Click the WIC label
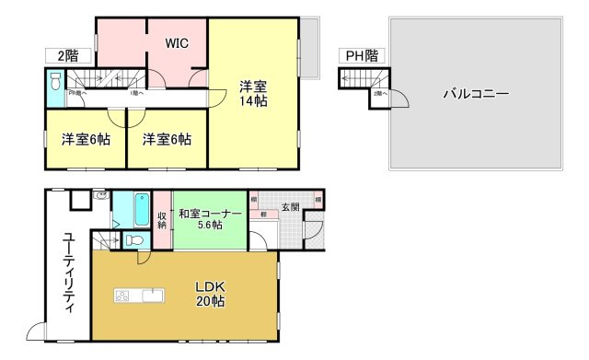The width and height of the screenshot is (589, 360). pos(179,42)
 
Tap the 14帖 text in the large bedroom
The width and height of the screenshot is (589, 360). pos(253,101)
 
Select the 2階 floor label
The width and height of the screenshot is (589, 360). pos(61,56)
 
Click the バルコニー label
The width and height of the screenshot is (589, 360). pos(476,93)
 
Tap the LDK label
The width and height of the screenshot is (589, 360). pos(210,285)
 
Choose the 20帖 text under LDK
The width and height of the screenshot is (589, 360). pos(210,301)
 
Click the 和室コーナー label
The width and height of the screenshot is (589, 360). pos(210,214)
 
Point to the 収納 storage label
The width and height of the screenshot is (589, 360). pos(162,220)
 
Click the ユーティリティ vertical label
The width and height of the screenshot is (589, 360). pos(68,273)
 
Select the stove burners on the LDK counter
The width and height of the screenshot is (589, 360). pos(122,296)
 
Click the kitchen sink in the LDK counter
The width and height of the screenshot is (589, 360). pos(151,296)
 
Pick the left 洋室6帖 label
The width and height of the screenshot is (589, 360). pos(86,140)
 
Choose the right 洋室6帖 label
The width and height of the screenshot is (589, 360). pos(167,140)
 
